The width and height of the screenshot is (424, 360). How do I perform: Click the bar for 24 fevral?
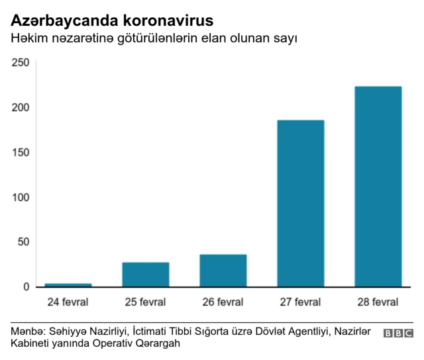click(x=68, y=285)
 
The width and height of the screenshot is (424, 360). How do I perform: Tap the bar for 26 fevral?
click(x=223, y=271)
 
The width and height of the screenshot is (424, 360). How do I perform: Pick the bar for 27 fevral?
click(x=301, y=203)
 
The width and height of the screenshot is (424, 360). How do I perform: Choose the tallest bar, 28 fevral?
click(x=378, y=187)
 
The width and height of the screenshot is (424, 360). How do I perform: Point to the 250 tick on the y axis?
click(x=21, y=62)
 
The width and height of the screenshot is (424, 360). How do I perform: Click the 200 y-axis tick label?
click(x=21, y=107)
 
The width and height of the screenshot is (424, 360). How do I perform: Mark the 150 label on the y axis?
click(x=21, y=152)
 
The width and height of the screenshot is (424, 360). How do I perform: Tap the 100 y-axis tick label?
click(x=21, y=197)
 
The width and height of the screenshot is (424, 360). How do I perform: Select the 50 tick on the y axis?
click(x=24, y=242)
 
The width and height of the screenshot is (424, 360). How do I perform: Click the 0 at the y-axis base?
click(x=26, y=287)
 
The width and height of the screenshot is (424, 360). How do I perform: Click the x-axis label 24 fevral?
click(x=68, y=302)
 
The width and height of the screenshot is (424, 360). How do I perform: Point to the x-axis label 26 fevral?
click(x=223, y=302)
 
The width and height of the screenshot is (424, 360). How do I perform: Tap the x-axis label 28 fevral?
click(x=378, y=302)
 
